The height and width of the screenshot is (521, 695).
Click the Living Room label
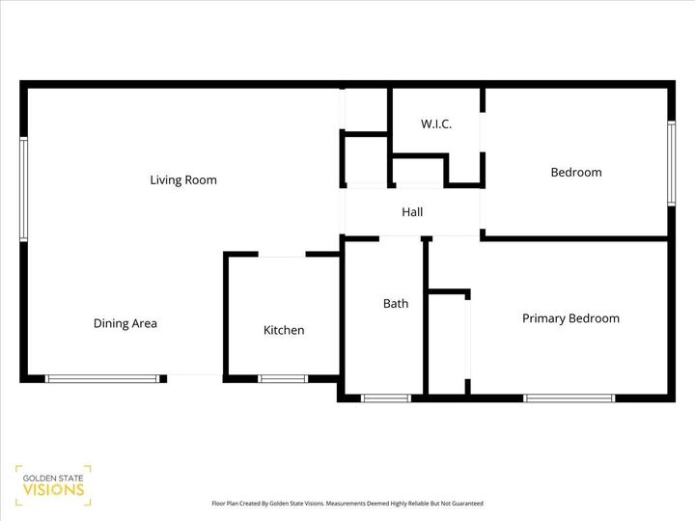coord(182,179)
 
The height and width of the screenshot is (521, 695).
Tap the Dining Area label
coord(125,323)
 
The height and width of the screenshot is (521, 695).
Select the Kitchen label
coord(284,330)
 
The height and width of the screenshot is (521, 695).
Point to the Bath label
coord(396,303)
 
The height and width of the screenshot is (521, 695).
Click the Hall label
coord(412,212)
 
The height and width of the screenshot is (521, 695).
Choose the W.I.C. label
coord(436,124)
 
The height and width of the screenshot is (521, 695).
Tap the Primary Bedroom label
coord(570,318)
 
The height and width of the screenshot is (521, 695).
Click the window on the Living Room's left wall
coord(24,189)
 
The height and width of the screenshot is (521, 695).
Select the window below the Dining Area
coord(103,378)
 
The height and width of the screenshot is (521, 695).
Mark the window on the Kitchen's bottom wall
coord(283,378)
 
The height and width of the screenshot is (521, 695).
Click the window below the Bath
coord(385,398)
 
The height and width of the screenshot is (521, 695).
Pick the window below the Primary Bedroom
coord(569,398)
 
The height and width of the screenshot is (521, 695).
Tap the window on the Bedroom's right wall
coord(671,163)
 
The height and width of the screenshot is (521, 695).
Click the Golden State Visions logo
coord(53,484)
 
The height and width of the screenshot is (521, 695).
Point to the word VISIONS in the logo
coord(53,490)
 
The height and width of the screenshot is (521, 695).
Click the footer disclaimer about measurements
coord(347,504)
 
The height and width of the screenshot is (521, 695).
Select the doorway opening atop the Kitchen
coord(283,255)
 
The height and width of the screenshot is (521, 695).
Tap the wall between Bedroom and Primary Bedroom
coord(576,237)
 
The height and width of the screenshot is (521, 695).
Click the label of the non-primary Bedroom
coord(575,173)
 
